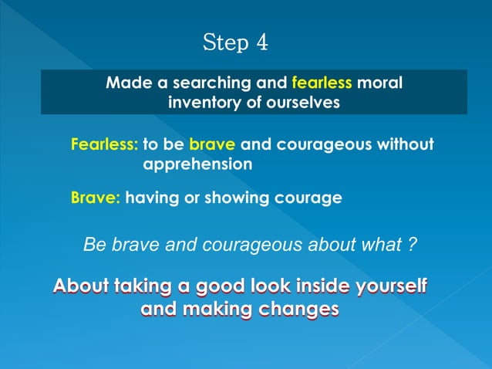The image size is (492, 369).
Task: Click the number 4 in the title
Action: (x=261, y=42)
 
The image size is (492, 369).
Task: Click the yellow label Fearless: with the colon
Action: (x=104, y=144)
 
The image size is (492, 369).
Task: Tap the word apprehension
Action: (x=197, y=164)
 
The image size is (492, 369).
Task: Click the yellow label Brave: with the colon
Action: (x=96, y=198)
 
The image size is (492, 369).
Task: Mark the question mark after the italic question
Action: (x=413, y=245)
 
